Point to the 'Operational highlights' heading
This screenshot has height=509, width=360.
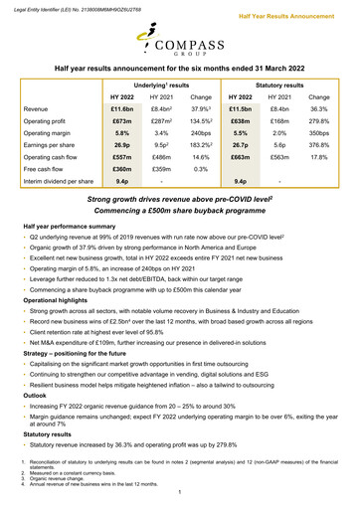coord(59,298)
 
